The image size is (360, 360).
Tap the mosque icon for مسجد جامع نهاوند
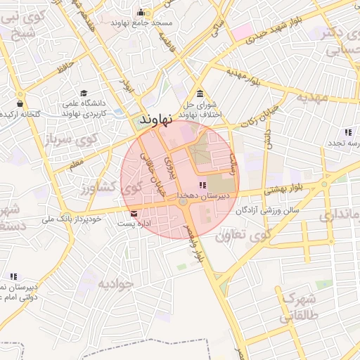coord(141,13)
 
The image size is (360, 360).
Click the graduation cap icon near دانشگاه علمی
coord(84,94)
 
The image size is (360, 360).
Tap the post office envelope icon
coord(134,213)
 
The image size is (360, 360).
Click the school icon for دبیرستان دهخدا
coord(202,186)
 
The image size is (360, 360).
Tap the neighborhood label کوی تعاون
coord(250,236)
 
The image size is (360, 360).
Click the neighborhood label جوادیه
coord(115,284)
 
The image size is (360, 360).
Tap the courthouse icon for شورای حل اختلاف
coord(200,94)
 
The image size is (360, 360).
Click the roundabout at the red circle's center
coord(183,202)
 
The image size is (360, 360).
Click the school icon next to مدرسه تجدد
coord(347,132)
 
